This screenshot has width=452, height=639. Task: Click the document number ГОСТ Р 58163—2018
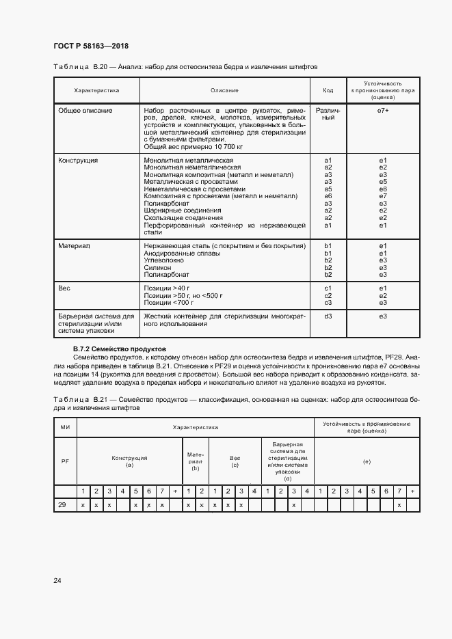[91, 46]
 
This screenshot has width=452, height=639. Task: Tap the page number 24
[57, 581]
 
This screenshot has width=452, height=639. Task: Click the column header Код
[328, 90]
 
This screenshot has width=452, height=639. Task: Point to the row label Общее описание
[85, 110]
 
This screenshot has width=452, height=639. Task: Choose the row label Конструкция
[78, 160]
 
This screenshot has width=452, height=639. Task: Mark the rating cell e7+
[383, 110]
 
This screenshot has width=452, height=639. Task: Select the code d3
[328, 316]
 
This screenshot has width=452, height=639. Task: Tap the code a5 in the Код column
[328, 189]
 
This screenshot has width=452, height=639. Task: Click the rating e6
[383, 189]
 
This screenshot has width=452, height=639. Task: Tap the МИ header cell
[66, 427]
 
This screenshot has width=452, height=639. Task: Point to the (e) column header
[367, 463]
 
